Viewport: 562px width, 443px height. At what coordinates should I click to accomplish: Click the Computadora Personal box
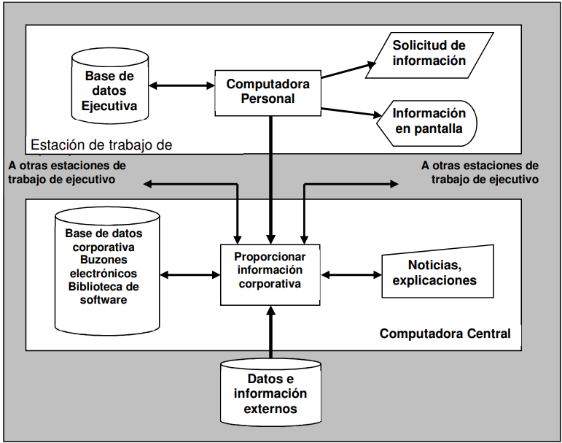[x=268, y=93]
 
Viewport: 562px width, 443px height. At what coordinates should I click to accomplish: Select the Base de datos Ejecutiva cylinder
[x=110, y=85]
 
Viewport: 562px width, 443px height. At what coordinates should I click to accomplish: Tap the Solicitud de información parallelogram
[x=429, y=55]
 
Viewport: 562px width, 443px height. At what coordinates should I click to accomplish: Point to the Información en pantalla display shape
[x=427, y=123]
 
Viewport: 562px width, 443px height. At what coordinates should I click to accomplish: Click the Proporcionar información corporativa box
[x=270, y=275]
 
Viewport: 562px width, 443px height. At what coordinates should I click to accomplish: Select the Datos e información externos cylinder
[x=270, y=393]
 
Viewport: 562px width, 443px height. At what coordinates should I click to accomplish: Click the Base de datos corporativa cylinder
[x=107, y=270]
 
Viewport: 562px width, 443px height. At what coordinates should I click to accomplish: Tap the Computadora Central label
[x=445, y=334]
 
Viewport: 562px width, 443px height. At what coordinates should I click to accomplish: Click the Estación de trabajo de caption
[x=101, y=145]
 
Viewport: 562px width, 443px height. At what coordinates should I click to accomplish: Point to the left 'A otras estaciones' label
[x=67, y=172]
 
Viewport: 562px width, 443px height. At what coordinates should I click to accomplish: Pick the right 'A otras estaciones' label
[x=480, y=172]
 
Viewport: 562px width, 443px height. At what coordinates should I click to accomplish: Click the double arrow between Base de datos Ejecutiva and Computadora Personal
[x=182, y=85]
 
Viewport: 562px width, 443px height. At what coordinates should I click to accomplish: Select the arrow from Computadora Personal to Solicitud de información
[x=348, y=70]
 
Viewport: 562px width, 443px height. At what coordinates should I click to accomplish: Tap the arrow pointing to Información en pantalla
[x=351, y=112]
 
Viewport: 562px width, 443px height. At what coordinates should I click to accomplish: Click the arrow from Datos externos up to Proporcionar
[x=271, y=332]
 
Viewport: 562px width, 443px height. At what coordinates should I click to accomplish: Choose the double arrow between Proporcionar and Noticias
[x=351, y=275]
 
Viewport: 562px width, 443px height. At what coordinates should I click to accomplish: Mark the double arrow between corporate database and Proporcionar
[x=190, y=275]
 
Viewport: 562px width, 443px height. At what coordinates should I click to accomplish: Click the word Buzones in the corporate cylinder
[x=104, y=260]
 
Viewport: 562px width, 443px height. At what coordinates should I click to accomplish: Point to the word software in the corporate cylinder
[x=104, y=300]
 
